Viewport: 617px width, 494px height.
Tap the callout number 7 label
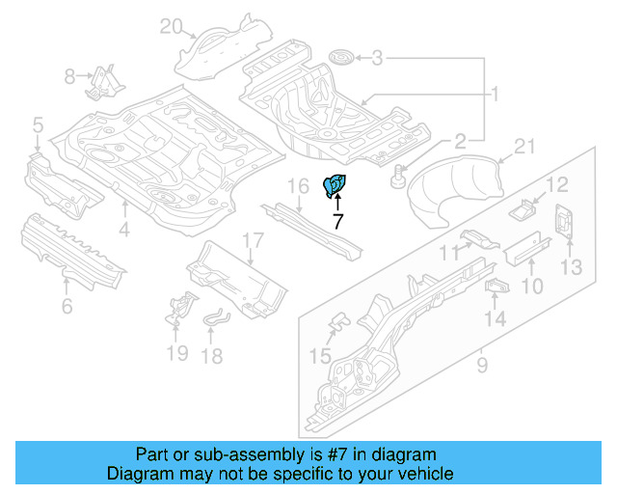[x=337, y=221]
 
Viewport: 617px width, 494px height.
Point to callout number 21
[x=523, y=147]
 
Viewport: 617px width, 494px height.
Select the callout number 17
[x=251, y=241]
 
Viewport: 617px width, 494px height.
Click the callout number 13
[x=573, y=266]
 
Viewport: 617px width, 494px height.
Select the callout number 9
[x=482, y=365]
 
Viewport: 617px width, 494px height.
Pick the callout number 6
[x=67, y=307]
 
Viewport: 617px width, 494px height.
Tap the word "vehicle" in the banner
[x=427, y=474]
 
